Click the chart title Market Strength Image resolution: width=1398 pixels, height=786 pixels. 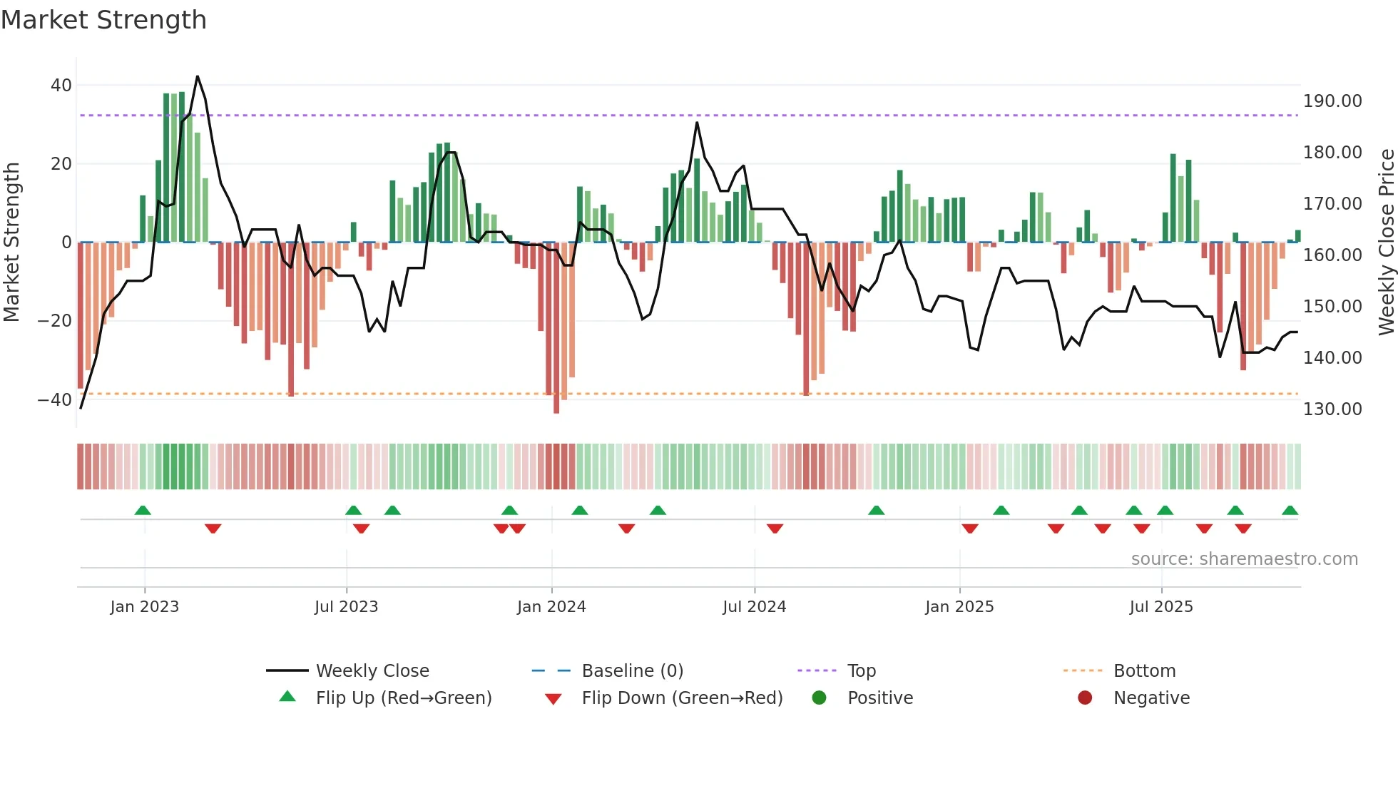[x=104, y=20]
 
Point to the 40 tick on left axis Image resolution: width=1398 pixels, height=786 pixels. [x=61, y=86]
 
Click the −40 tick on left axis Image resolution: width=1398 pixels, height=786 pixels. [x=54, y=399]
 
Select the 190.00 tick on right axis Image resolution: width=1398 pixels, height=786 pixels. [x=1332, y=101]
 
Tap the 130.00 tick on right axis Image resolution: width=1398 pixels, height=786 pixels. [x=1332, y=409]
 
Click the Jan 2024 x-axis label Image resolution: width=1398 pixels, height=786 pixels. [x=551, y=607]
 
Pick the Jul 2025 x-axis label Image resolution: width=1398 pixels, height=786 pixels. [x=1160, y=607]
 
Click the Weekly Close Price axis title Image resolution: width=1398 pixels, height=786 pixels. [x=1385, y=243]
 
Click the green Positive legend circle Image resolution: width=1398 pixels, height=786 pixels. [x=819, y=698]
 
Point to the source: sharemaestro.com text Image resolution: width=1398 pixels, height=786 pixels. [x=1244, y=559]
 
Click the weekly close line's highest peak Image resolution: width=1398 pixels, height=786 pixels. [x=198, y=76]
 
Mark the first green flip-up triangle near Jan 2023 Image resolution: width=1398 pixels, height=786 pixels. [x=143, y=510]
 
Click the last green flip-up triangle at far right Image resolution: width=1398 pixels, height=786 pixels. [x=1290, y=510]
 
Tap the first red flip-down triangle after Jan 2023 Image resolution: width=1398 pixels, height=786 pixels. [x=213, y=529]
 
